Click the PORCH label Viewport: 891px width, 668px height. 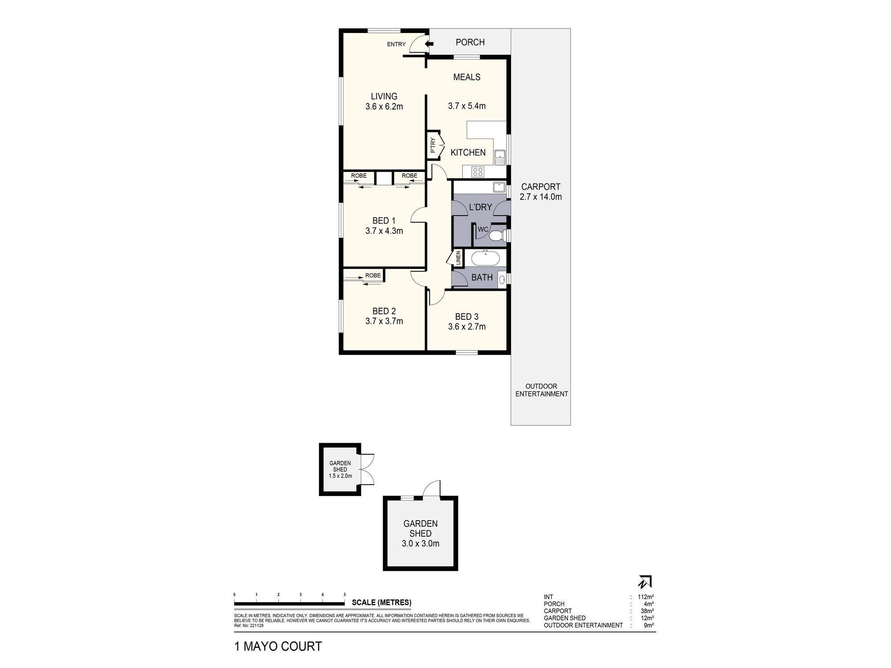tap(470, 42)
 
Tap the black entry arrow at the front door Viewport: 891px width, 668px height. tap(429, 44)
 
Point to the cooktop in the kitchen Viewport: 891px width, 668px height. tap(478, 171)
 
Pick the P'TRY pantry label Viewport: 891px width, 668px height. tap(433, 146)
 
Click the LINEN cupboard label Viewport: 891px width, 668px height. tap(458, 259)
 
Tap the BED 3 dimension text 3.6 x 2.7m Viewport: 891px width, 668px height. tap(467, 326)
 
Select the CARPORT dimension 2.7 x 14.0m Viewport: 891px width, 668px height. tap(541, 196)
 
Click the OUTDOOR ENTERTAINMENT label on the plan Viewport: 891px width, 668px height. tap(541, 390)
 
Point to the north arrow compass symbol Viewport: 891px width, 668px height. tap(645, 582)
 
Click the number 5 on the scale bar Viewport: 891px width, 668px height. tap(345, 595)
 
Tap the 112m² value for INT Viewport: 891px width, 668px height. tap(646, 597)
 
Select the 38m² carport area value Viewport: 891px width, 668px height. tap(647, 611)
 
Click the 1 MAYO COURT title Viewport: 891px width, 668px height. tap(278, 647)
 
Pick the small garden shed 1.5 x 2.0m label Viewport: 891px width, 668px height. tap(340, 469)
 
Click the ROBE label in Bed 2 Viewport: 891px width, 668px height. tap(373, 276)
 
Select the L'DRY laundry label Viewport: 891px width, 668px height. tap(481, 207)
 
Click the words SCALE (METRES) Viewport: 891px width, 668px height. tap(381, 603)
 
